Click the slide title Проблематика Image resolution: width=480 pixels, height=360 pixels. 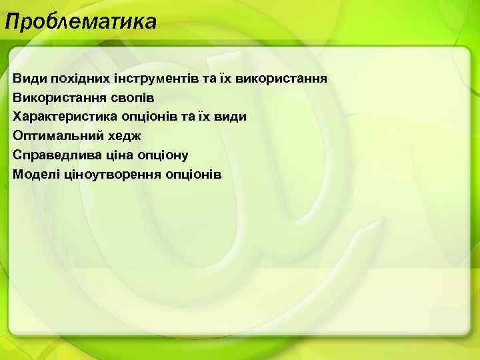pyautogui.click(x=81, y=22)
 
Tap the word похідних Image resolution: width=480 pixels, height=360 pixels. pyautogui.click(x=73, y=79)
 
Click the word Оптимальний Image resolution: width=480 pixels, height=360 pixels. pyautogui.click(x=57, y=136)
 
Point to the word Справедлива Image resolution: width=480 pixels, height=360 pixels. pyautogui.click(x=54, y=155)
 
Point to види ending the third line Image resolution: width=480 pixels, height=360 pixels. pyautogui.click(x=231, y=117)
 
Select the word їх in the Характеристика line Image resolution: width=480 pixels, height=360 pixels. pyautogui.click(x=203, y=117)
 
